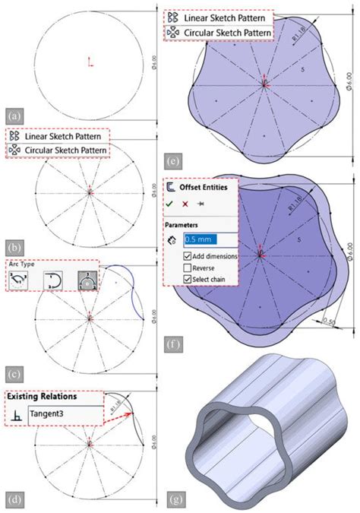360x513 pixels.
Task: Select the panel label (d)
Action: (14, 501)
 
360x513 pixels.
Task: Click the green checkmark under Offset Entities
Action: (170, 204)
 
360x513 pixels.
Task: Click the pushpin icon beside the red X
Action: (201, 204)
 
